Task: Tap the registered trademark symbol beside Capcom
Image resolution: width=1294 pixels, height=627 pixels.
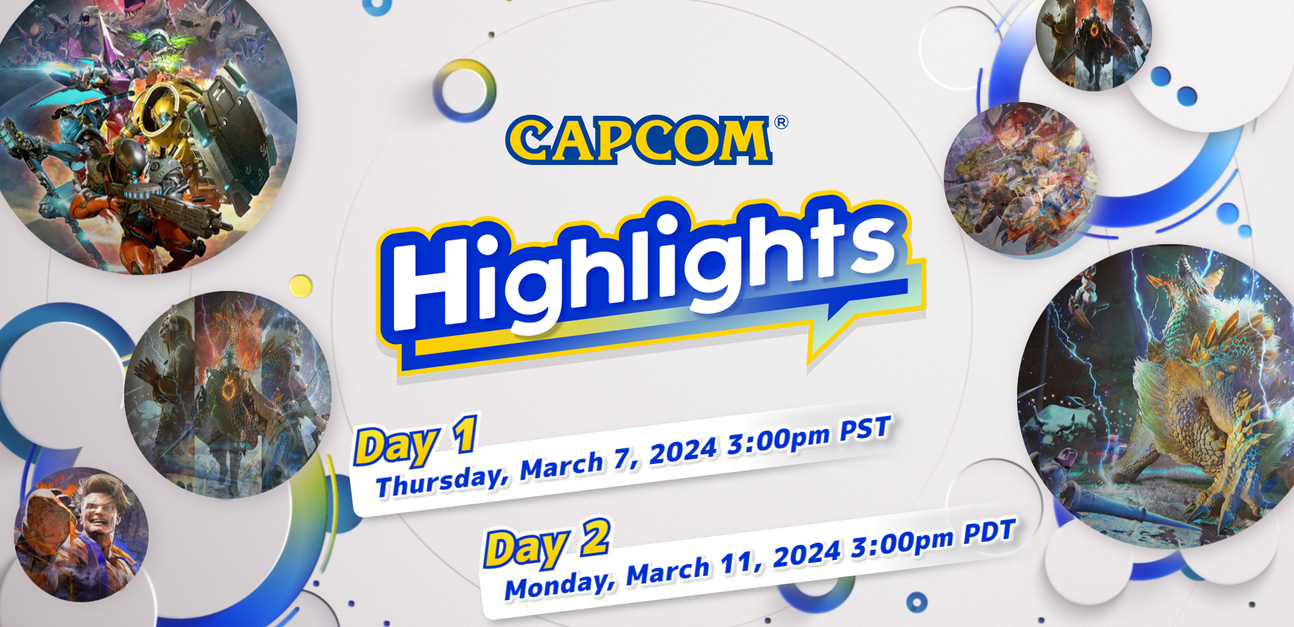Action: [x=781, y=123]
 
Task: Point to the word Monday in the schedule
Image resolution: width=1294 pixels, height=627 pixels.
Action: [x=559, y=582]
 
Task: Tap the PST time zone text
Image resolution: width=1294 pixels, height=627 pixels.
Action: [x=865, y=429]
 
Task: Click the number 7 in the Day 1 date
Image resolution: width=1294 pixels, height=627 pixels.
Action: [x=621, y=458]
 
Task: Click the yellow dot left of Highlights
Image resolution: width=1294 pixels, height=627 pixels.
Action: [x=301, y=286]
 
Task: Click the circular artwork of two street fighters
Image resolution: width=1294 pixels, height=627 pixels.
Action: [x=82, y=534]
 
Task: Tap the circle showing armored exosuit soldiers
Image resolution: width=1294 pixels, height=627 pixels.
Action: [x=137, y=130]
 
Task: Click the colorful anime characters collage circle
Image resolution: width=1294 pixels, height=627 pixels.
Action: [x=1020, y=180]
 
